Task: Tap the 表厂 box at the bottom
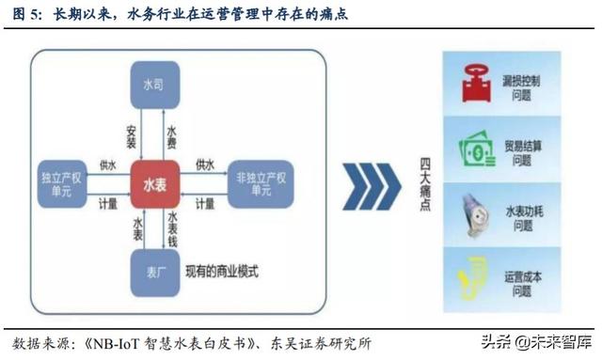[x=159, y=273]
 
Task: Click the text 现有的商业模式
[x=223, y=274]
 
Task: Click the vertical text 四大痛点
[x=424, y=183]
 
